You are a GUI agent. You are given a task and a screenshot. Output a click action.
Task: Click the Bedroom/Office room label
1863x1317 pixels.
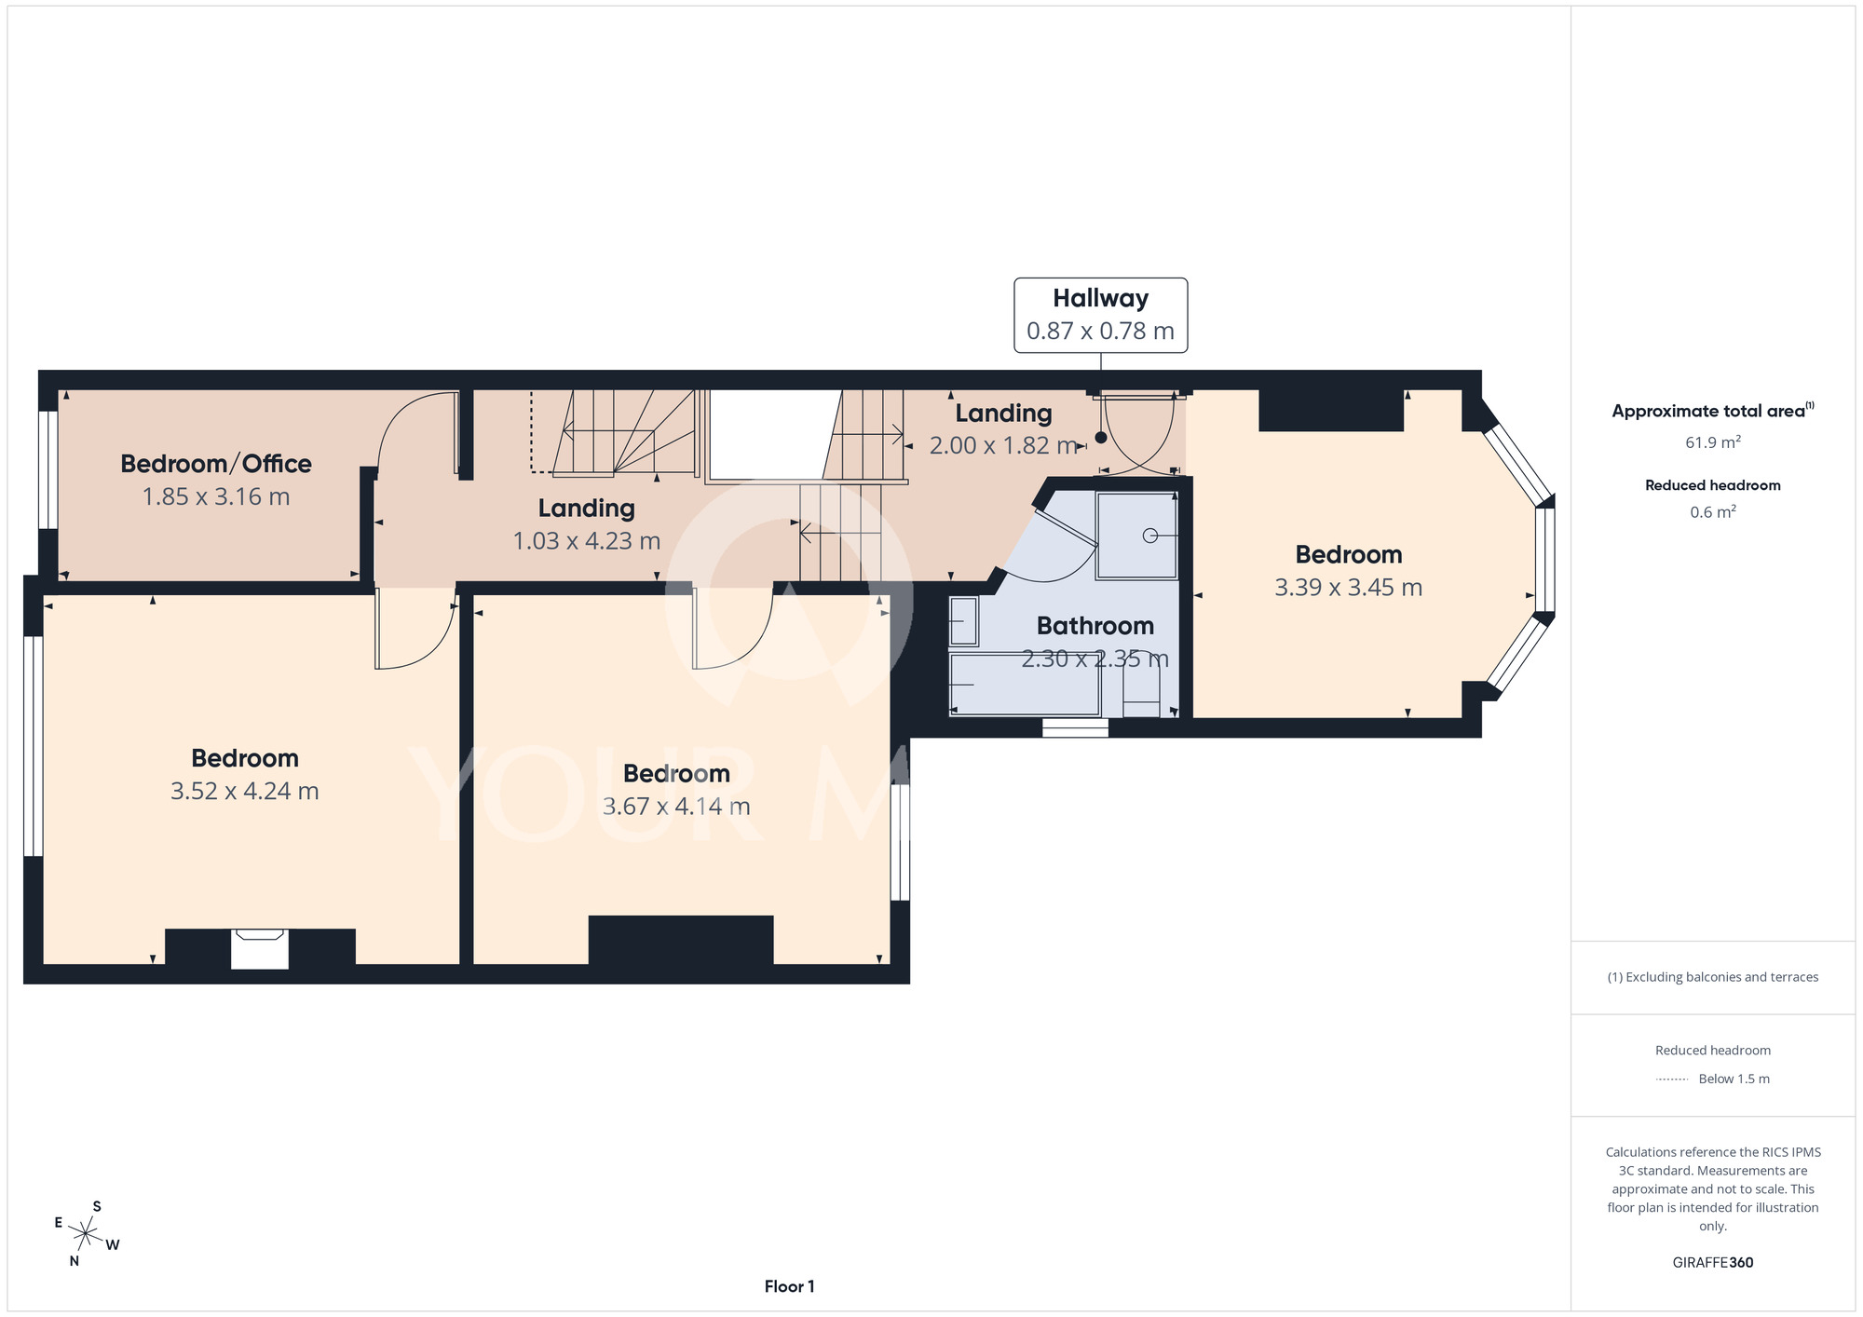click(x=216, y=464)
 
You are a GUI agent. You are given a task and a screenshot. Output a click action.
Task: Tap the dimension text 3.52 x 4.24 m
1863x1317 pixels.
click(x=245, y=791)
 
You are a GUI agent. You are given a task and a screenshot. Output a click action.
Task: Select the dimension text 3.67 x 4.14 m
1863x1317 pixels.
click(x=676, y=807)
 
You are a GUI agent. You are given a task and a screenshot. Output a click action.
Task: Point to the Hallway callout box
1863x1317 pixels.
click(x=1101, y=315)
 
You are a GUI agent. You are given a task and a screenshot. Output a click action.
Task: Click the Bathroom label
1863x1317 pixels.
click(x=1095, y=626)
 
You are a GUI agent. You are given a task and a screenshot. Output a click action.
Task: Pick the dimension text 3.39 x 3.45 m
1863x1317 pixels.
click(x=1349, y=588)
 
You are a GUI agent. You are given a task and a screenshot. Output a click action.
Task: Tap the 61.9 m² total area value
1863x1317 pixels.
click(x=1713, y=442)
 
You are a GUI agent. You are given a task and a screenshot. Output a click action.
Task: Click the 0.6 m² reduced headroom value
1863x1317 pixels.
click(x=1713, y=512)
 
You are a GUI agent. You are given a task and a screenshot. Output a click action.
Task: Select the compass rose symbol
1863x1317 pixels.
click(x=86, y=1235)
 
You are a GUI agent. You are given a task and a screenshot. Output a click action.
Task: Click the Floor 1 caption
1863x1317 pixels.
click(x=790, y=1286)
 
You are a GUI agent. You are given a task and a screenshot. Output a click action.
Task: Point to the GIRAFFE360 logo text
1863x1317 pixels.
click(x=1713, y=1263)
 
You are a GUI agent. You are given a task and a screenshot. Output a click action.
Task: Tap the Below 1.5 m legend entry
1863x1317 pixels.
click(x=1713, y=1079)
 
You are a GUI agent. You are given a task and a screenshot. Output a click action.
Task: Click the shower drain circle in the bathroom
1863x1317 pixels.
click(x=1150, y=536)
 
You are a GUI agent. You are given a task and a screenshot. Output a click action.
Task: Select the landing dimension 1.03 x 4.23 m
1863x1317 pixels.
click(x=587, y=541)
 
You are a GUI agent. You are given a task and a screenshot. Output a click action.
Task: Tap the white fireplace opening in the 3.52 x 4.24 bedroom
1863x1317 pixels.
click(x=260, y=949)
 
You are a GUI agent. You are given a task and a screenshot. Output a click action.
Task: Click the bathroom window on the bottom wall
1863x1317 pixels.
click(x=1075, y=728)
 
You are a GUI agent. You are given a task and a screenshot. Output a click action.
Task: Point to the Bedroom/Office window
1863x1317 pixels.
click(x=48, y=470)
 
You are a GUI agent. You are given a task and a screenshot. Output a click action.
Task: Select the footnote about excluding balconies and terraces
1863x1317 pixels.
click(x=1713, y=977)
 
